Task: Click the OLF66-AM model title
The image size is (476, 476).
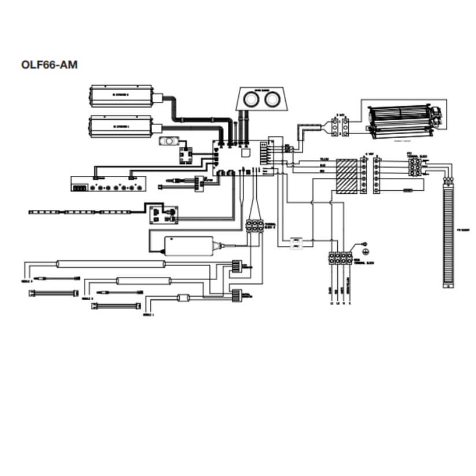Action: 49,64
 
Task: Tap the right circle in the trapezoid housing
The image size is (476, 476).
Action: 271,99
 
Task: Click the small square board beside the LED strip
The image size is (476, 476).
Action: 164,215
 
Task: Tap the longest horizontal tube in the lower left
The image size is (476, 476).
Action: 110,265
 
